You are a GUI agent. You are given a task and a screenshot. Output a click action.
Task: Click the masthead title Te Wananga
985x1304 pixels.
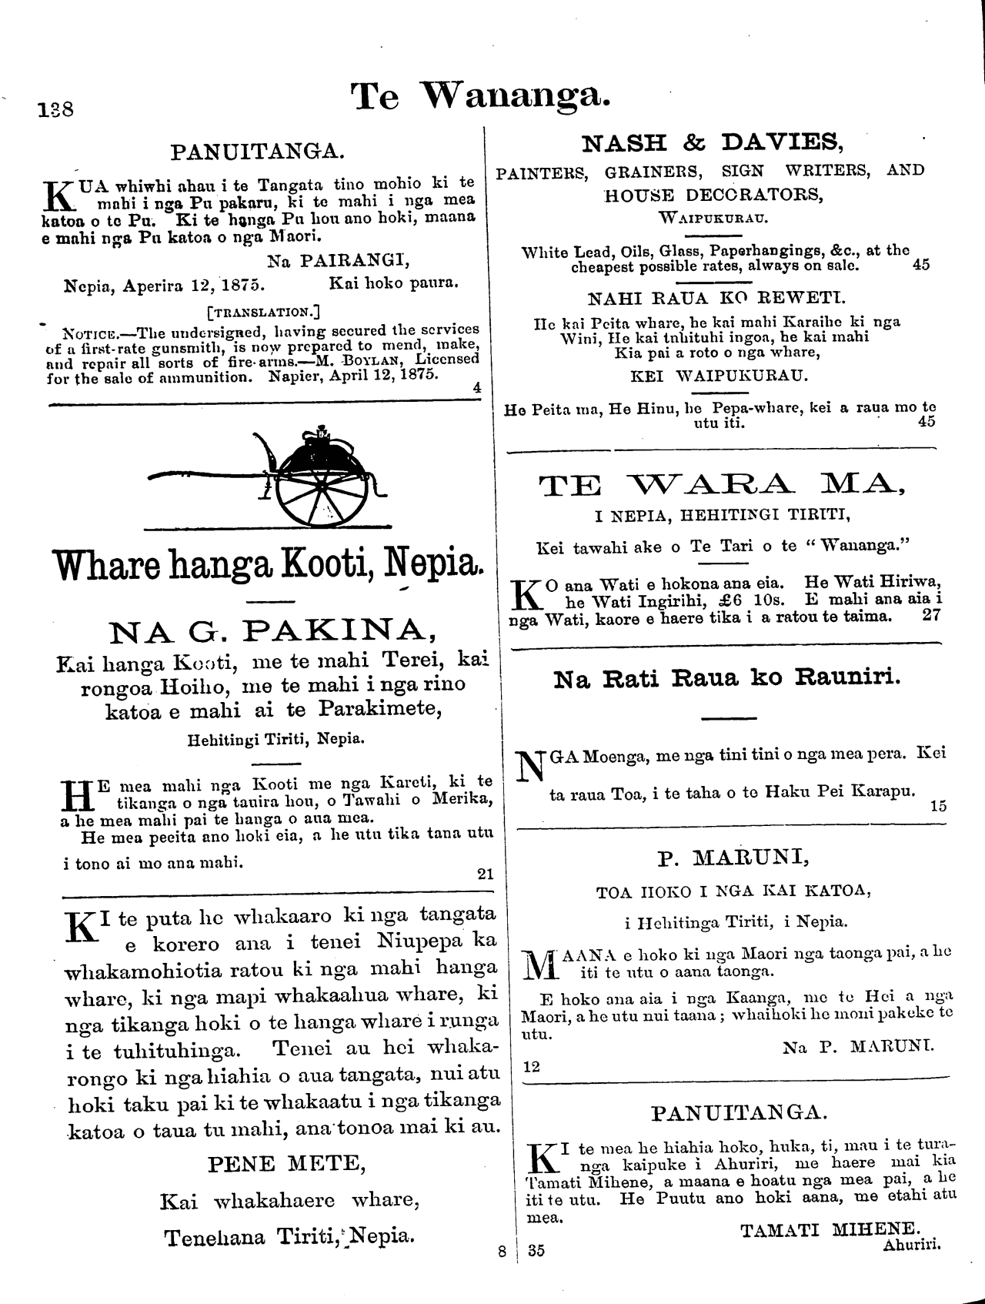tap(481, 98)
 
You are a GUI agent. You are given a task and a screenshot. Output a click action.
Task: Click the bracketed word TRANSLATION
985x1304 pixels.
tap(263, 313)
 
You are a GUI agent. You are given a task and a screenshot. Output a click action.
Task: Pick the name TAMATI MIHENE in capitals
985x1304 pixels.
tap(830, 1229)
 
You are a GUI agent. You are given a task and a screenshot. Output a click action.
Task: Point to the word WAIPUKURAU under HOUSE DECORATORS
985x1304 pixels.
tap(713, 218)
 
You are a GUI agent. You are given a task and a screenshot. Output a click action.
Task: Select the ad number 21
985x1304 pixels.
tap(485, 874)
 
